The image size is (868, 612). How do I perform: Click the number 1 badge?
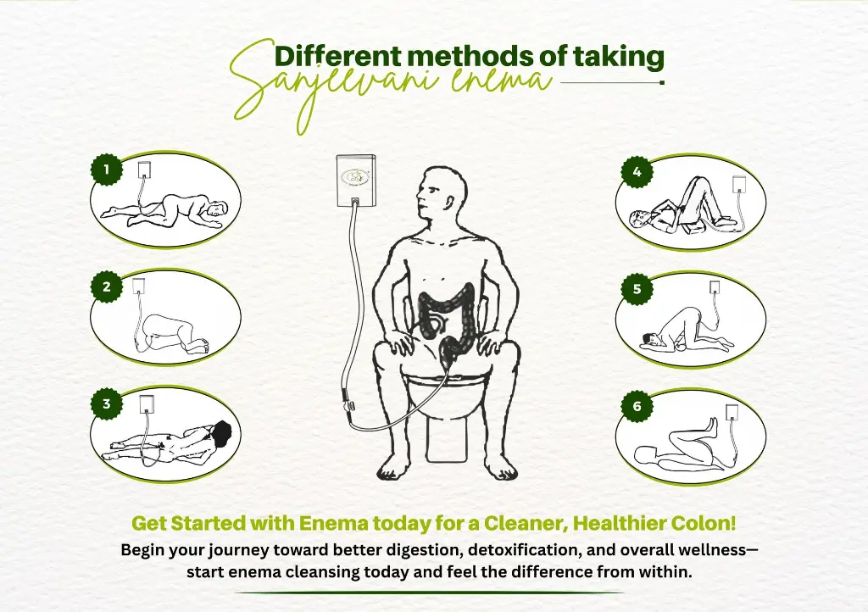click(x=107, y=170)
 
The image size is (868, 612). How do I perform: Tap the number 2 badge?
click(x=107, y=287)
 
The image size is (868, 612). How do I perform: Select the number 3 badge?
click(x=107, y=404)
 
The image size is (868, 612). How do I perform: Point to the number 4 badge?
click(x=637, y=172)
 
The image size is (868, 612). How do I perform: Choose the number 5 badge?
click(x=637, y=289)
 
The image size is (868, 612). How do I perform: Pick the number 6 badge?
click(x=637, y=407)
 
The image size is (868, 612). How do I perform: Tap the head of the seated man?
click(x=440, y=194)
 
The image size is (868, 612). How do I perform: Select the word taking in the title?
click(x=618, y=58)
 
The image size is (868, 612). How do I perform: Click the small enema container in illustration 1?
click(x=144, y=170)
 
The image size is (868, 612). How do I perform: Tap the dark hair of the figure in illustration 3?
click(x=223, y=433)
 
